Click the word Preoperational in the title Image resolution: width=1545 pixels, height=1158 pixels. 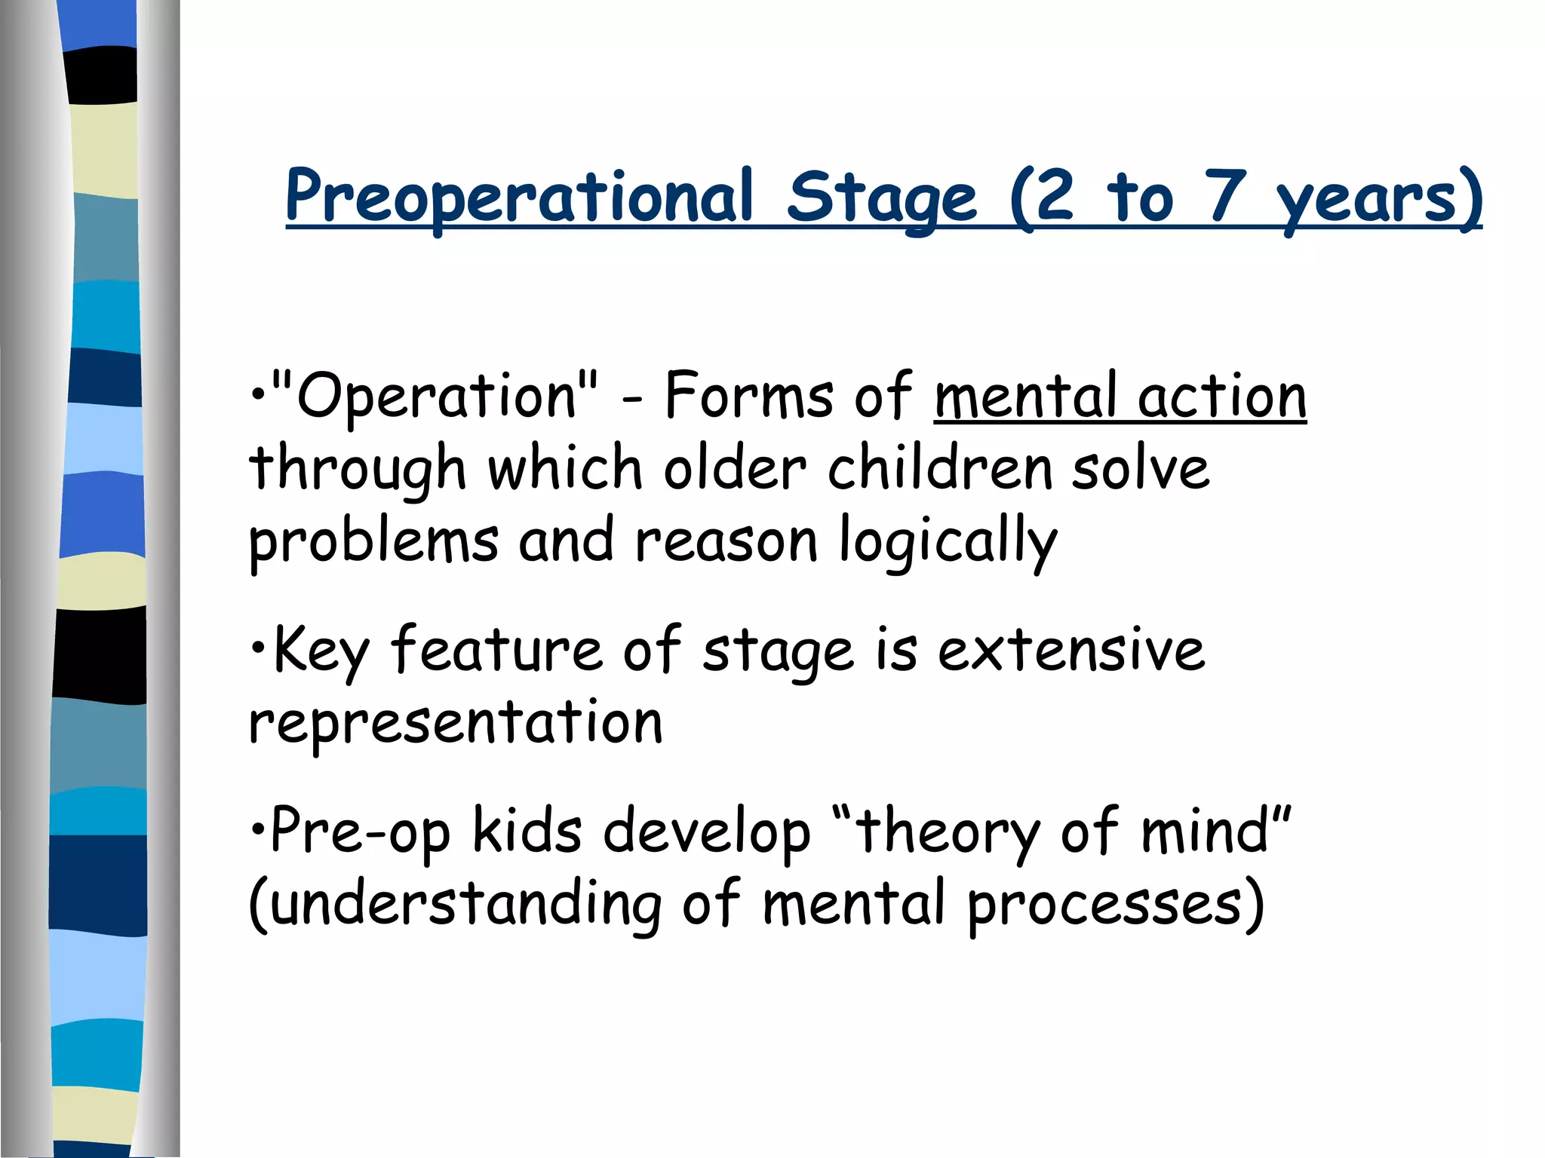[x=519, y=198]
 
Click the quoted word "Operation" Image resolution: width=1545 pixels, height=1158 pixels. [x=435, y=397]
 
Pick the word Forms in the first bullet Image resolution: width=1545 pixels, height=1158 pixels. [x=748, y=397]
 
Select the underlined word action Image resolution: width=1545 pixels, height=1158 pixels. [x=1222, y=397]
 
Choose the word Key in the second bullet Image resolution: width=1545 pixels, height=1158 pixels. [x=321, y=650]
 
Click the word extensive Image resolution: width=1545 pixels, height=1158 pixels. [x=1071, y=650]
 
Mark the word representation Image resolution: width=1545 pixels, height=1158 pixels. [x=456, y=722]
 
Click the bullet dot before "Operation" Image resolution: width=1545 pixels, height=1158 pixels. [x=258, y=395]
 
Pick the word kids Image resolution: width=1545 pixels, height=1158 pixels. [x=527, y=831]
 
